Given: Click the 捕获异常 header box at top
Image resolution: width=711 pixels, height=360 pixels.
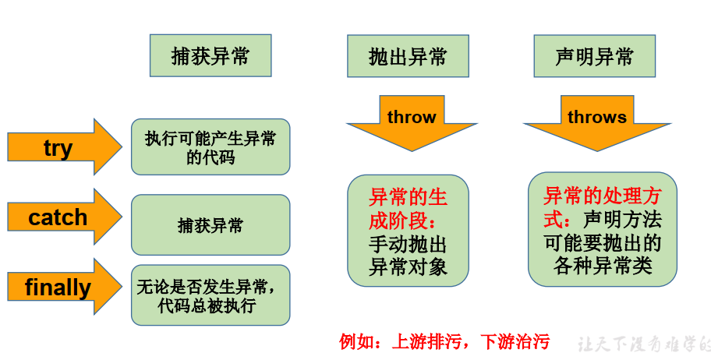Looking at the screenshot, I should [x=210, y=55].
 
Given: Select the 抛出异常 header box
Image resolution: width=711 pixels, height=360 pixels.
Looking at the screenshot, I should [x=408, y=56].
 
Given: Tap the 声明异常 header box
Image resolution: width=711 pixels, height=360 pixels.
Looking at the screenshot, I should [x=594, y=56].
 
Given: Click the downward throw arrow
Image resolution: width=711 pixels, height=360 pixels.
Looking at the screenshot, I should [x=412, y=121].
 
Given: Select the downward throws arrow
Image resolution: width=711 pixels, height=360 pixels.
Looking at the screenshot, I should [x=597, y=121].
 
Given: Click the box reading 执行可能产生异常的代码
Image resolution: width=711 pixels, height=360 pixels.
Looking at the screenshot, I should [x=210, y=147].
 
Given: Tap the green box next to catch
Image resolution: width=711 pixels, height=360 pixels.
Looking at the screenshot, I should [x=210, y=225].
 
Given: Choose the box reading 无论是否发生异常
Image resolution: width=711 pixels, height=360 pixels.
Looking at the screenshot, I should [x=210, y=295].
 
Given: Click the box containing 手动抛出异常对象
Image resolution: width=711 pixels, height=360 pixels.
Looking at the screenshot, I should [x=408, y=231].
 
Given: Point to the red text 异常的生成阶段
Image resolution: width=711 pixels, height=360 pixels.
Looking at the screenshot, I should [x=408, y=206].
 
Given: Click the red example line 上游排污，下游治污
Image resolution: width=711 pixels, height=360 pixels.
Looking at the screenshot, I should [x=444, y=341].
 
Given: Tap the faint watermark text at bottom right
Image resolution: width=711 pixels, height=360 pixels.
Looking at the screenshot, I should [x=644, y=344].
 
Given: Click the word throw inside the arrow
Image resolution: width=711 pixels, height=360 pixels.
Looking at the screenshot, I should [x=412, y=117].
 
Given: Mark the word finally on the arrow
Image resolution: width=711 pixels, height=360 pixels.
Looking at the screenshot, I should [x=58, y=288].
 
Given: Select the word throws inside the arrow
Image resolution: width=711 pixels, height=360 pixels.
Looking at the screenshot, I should [x=597, y=117].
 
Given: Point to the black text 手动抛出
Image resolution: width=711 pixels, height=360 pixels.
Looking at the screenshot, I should [x=408, y=243].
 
